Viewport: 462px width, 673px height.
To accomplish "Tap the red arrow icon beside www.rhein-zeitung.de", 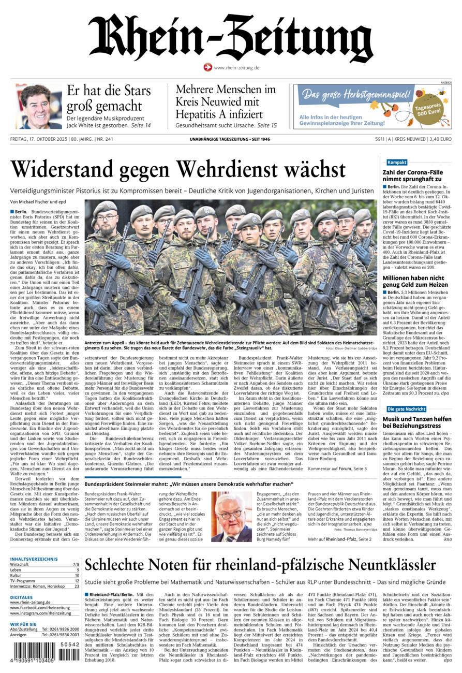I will point(207,67).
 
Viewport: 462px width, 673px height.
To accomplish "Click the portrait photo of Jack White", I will point(38,106).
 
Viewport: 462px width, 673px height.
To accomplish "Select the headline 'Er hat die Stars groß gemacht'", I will point(109,98).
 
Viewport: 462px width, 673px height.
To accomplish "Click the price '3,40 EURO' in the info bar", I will point(440,139).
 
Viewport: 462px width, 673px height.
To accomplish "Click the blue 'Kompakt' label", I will point(397,162).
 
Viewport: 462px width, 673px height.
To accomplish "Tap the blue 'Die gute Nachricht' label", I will point(407,409).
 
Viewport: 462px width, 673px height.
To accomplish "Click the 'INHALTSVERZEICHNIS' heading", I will point(34,559).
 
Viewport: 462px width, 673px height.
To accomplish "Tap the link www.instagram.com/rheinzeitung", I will point(40,613).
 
